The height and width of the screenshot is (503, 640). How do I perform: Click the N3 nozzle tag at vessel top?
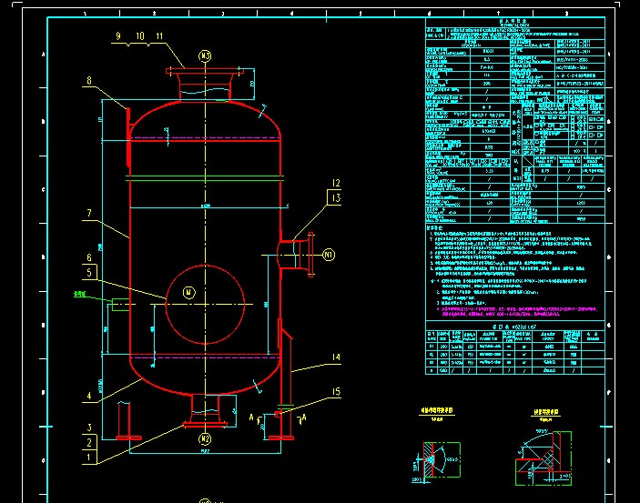click(x=206, y=56)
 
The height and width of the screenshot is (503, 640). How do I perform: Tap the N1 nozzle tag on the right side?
click(x=329, y=256)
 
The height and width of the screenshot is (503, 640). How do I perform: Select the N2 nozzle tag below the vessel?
click(x=206, y=440)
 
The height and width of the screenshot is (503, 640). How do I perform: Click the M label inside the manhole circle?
click(x=188, y=292)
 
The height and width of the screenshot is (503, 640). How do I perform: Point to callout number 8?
click(x=89, y=81)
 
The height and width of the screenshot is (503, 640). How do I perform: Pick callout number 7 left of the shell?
click(x=89, y=214)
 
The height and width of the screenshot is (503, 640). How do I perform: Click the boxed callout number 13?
click(x=335, y=197)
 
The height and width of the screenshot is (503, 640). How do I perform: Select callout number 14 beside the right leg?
click(x=335, y=358)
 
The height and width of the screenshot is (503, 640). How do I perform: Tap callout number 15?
click(x=335, y=392)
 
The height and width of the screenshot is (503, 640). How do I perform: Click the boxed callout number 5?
click(x=89, y=272)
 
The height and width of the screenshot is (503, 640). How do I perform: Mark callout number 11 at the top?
click(x=160, y=35)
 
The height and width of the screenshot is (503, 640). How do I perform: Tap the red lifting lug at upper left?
click(x=126, y=118)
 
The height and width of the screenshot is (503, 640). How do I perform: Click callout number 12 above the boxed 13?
click(x=335, y=183)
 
